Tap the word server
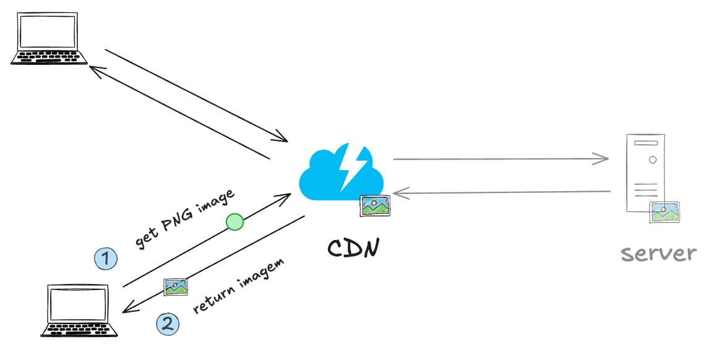(x=659, y=254)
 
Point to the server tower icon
(x=646, y=173)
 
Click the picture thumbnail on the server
(x=664, y=212)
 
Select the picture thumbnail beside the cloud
(x=375, y=206)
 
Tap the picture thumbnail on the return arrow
(x=175, y=287)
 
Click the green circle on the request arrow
(x=234, y=221)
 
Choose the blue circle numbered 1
(x=106, y=259)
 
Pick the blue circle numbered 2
(x=168, y=323)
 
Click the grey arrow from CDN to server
(x=501, y=159)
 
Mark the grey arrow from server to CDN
(x=501, y=194)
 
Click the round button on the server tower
(x=653, y=160)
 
